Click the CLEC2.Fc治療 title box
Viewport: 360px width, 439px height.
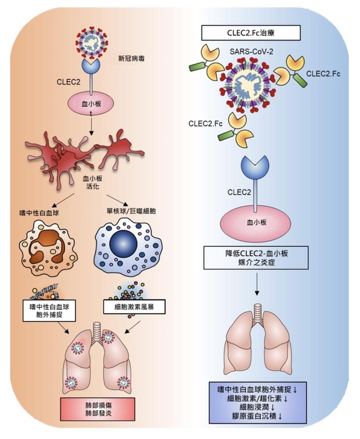click(251, 33)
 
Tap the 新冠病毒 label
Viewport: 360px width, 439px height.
click(131, 58)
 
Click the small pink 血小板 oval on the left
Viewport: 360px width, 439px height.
click(91, 104)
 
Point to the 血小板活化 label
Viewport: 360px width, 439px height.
click(93, 182)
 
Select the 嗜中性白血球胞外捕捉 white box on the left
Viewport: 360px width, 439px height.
click(49, 311)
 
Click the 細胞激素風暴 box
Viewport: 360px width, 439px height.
click(134, 306)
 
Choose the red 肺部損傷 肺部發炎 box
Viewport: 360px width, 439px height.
click(98, 409)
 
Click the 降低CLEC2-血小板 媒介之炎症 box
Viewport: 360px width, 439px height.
click(256, 258)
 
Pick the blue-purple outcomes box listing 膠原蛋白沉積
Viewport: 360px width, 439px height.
click(258, 402)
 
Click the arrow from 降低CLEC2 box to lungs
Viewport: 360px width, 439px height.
click(257, 284)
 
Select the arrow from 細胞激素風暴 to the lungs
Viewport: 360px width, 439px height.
click(132, 328)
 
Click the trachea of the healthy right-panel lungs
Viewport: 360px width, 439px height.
click(257, 312)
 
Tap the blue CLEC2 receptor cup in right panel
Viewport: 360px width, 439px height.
click(255, 167)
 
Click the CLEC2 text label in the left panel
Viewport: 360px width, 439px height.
click(69, 82)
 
